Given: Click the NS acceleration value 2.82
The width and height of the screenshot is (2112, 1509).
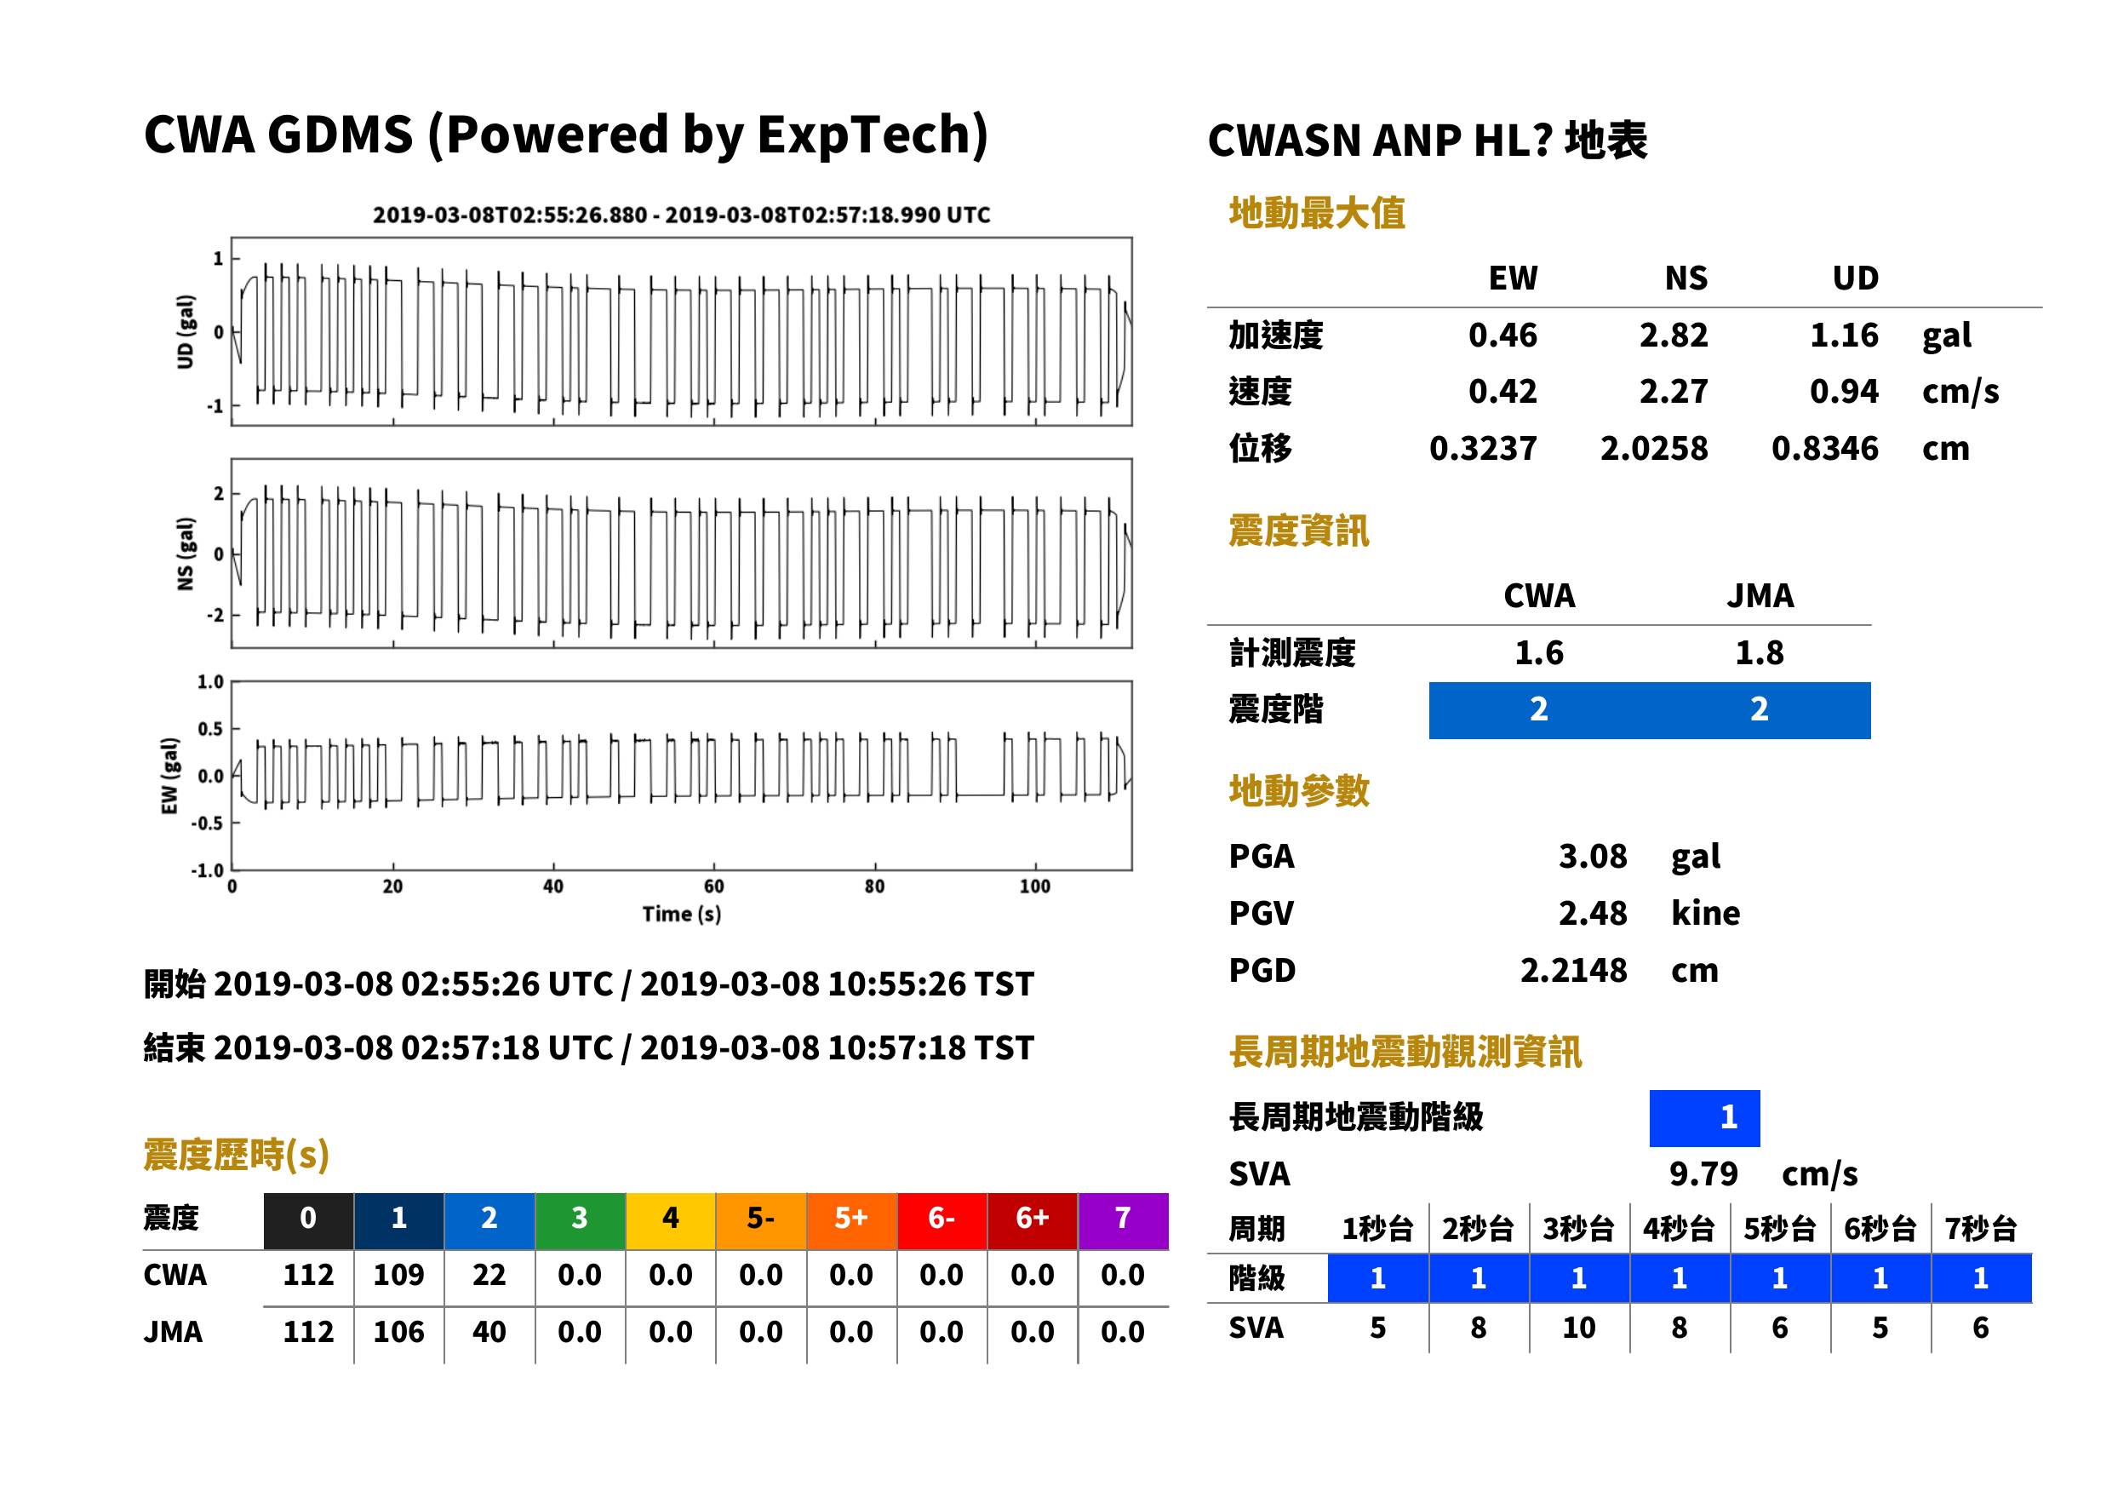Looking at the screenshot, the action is tap(1673, 335).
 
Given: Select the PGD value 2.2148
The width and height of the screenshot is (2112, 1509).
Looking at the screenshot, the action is tap(1573, 970).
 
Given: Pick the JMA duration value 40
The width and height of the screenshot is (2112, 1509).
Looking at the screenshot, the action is tap(489, 1332).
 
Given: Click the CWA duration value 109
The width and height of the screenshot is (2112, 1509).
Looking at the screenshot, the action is tap(398, 1275).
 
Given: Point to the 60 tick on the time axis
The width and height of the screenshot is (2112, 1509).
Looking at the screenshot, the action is tap(713, 886).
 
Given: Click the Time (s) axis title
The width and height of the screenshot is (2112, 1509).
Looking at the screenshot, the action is tap(681, 915).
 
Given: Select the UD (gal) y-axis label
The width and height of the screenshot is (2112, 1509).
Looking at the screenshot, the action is tap(186, 332).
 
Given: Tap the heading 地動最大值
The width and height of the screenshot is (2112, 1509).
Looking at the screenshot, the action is tap(1317, 213).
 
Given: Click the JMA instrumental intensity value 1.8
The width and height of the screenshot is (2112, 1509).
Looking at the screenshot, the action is tap(1759, 652).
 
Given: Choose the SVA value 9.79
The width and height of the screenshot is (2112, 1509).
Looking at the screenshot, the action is tap(1703, 1173).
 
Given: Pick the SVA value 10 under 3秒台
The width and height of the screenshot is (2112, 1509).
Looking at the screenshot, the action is tap(1579, 1328).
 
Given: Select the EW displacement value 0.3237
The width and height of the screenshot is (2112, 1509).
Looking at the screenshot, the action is tap(1483, 448).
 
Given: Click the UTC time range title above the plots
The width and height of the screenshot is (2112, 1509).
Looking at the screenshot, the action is tap(682, 215).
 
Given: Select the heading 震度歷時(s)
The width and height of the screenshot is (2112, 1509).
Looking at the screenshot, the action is tap(237, 1155).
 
